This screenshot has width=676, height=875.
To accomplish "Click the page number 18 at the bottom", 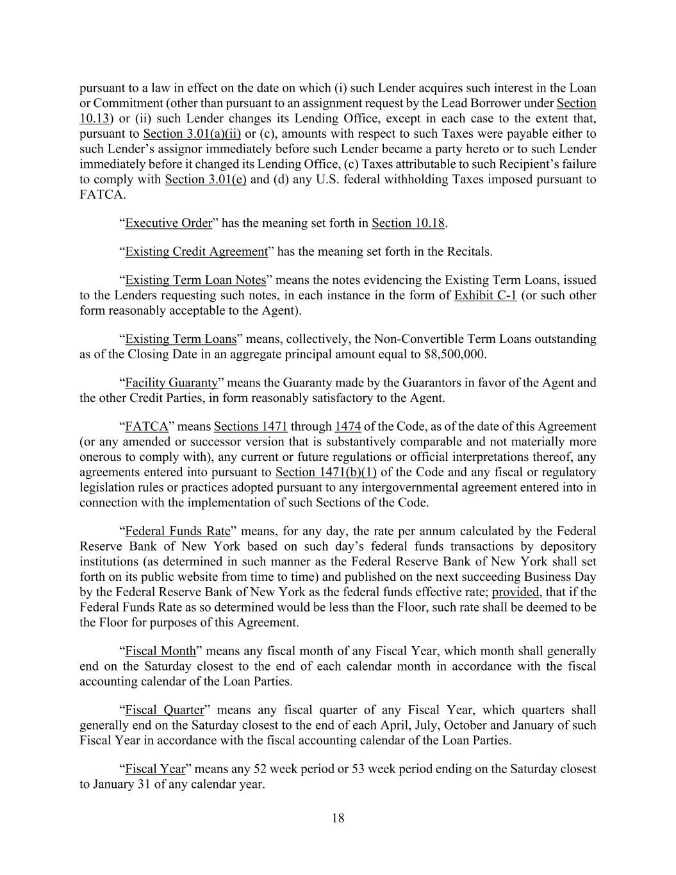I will [x=338, y=818].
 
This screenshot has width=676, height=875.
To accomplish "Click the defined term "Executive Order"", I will [x=168, y=223].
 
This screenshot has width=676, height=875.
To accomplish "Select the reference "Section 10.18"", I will [x=408, y=223].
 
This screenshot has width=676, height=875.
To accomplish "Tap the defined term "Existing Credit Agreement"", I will [x=196, y=251].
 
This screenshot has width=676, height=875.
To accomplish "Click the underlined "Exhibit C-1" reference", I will [x=485, y=296].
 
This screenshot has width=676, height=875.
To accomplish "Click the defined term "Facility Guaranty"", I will [x=171, y=383].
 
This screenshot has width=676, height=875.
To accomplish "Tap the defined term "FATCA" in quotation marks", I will [x=147, y=427].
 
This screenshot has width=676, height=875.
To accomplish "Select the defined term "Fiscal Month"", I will [x=160, y=651].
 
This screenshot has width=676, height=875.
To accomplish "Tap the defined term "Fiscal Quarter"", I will [x=164, y=710].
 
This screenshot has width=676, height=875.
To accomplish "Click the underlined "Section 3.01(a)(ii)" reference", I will [x=192, y=134].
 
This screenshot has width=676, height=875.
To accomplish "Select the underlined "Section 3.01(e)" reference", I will [x=206, y=179].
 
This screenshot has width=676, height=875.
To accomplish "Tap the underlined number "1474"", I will [x=348, y=427].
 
